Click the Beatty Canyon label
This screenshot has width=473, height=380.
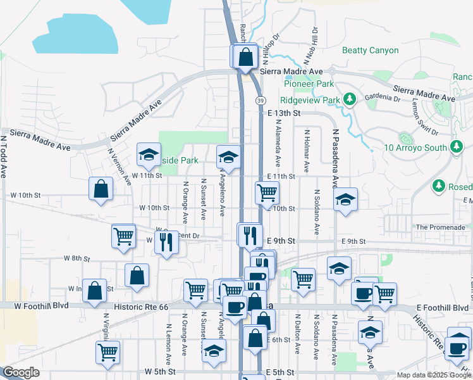(x=370, y=50)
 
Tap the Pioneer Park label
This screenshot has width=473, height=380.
(x=309, y=84)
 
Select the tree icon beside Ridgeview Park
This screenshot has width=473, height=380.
(x=348, y=99)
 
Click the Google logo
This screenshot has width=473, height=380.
(x=21, y=372)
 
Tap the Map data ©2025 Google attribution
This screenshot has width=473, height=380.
(x=434, y=375)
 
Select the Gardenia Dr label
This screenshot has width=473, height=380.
(x=383, y=99)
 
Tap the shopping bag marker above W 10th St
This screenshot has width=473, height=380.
(x=101, y=189)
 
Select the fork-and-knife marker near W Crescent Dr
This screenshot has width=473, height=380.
(x=166, y=241)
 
